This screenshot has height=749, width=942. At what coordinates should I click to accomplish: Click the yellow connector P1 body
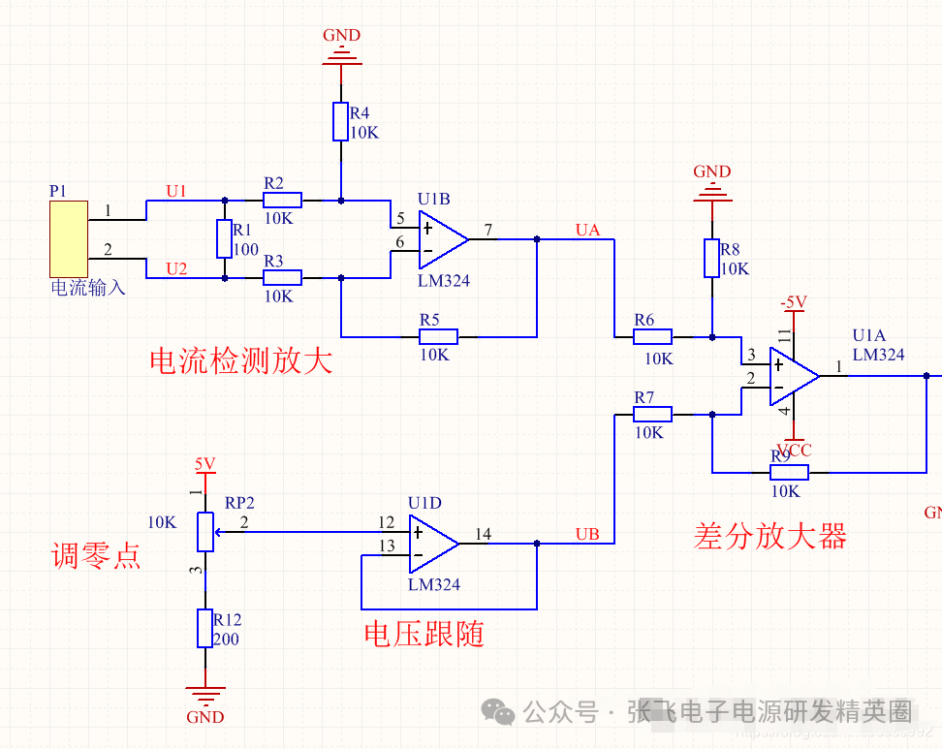[69, 238]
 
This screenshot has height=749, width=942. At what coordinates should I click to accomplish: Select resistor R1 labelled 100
[224, 238]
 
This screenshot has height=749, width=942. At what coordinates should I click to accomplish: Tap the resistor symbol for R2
[282, 201]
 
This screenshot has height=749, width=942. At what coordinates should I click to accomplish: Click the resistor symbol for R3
[282, 278]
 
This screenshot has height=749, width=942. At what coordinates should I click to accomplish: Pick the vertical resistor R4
[340, 122]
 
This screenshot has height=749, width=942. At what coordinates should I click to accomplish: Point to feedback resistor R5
[438, 337]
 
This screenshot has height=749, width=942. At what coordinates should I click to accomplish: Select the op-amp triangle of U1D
[432, 543]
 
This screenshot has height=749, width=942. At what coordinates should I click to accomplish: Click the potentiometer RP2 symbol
[204, 530]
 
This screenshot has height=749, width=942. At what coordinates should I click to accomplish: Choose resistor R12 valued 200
[204, 628]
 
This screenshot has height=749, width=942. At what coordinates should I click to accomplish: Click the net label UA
[588, 231]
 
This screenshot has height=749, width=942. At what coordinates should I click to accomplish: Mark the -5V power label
[794, 302]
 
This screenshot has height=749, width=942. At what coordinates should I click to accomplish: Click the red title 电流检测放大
[240, 361]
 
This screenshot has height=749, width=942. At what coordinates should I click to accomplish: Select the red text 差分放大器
[769, 536]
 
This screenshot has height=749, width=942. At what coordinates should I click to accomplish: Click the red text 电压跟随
[424, 635]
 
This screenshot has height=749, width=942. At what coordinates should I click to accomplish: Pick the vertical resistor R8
[712, 259]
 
